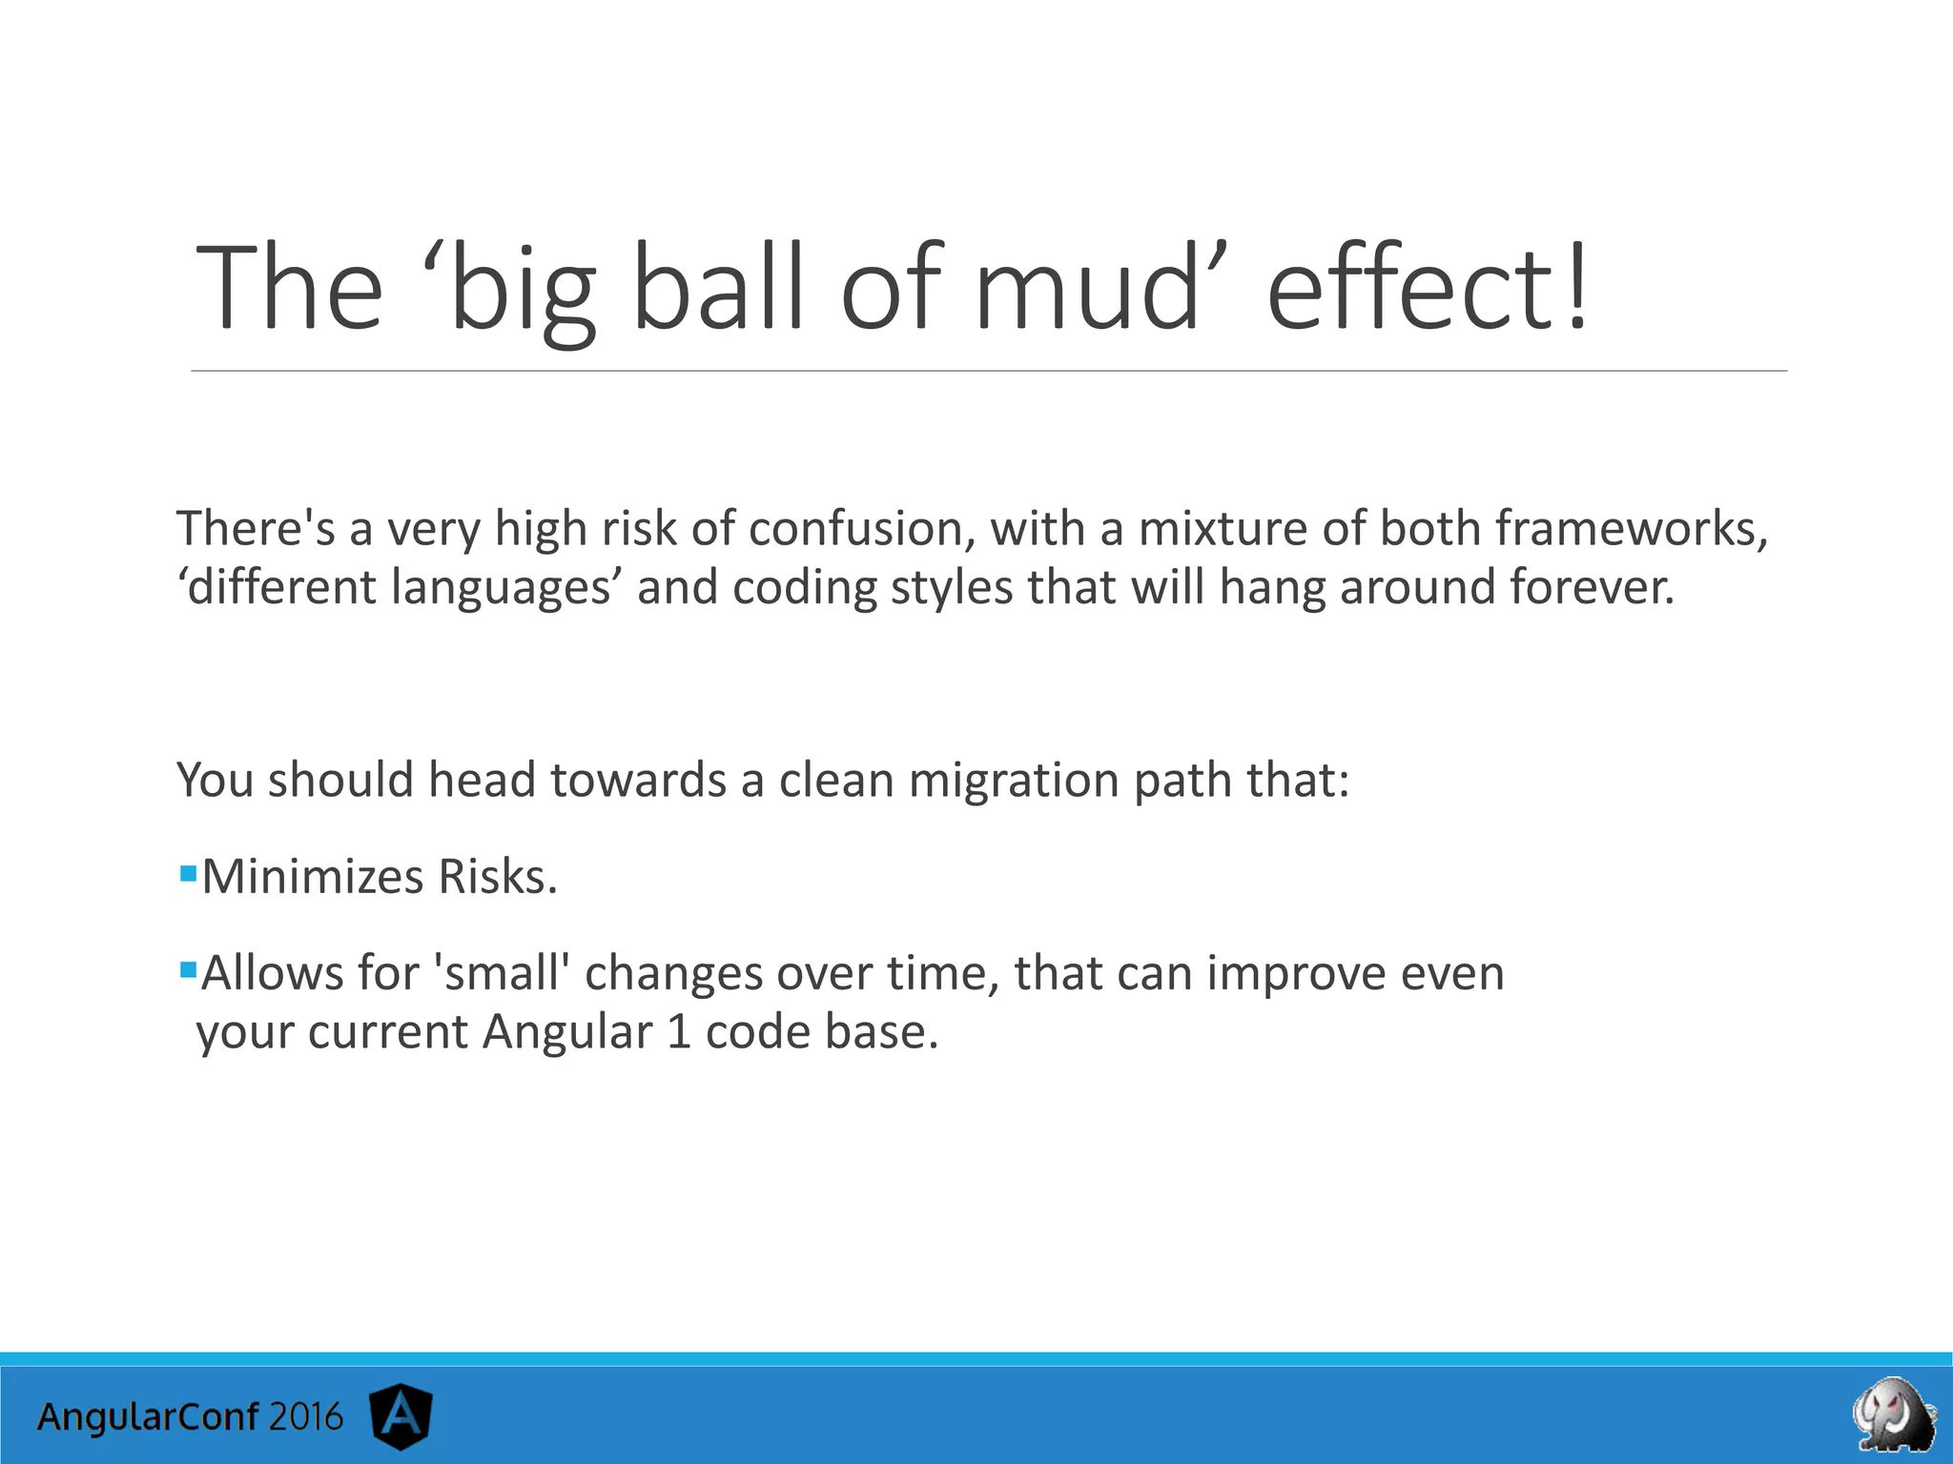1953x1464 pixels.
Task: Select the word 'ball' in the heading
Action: click(717, 287)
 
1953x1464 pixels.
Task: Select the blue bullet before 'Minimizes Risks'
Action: click(188, 872)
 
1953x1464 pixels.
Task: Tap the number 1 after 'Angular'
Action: click(678, 1032)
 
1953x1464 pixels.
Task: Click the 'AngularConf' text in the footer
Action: click(148, 1417)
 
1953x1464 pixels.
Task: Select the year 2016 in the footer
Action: click(304, 1417)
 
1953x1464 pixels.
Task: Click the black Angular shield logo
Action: click(401, 1417)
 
